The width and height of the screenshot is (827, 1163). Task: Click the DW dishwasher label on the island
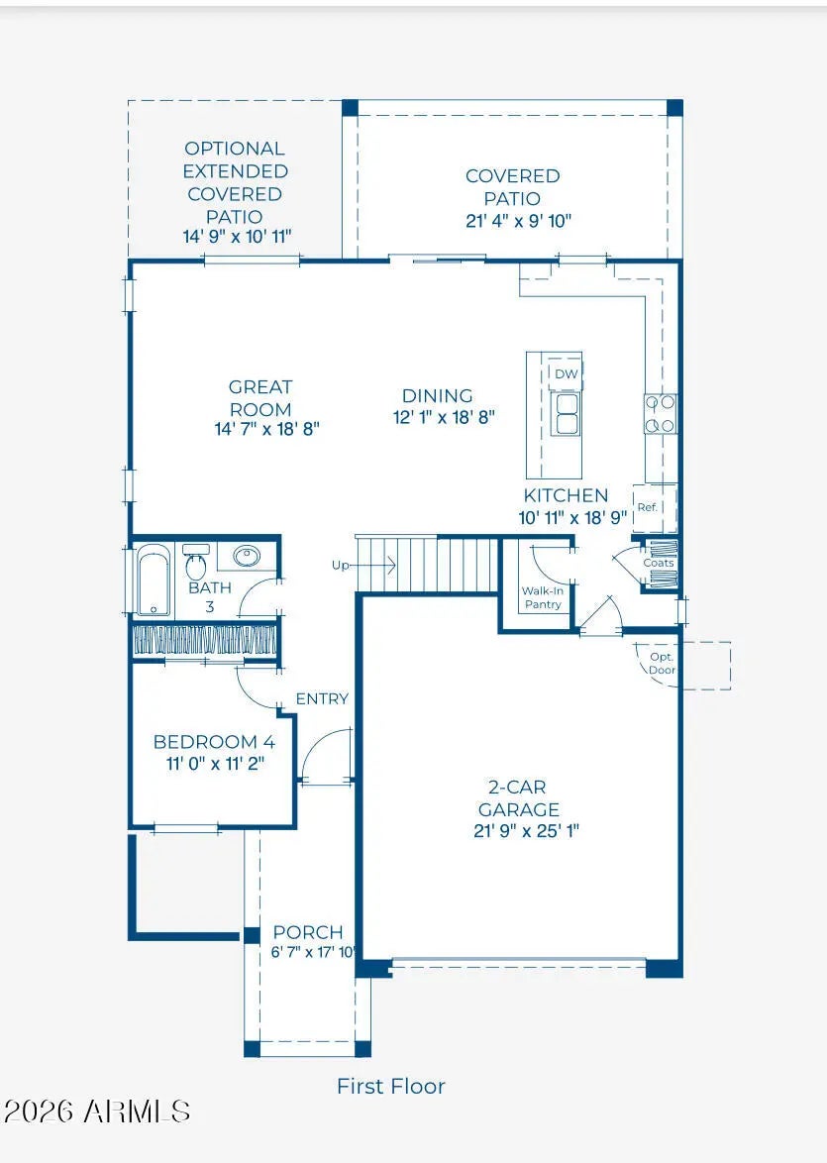(566, 373)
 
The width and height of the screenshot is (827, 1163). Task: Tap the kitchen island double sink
(566, 414)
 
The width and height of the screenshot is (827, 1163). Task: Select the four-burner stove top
(661, 414)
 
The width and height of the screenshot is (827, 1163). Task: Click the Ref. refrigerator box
(654, 508)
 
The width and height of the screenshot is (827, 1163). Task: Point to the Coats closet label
(659, 563)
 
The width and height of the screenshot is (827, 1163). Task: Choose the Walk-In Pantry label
(542, 597)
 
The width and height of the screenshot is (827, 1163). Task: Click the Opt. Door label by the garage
(662, 664)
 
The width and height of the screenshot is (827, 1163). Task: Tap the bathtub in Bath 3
(154, 581)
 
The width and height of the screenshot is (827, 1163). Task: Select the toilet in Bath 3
(196, 564)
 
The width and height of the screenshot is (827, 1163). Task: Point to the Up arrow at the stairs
(376, 567)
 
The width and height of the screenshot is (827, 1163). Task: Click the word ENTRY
(322, 698)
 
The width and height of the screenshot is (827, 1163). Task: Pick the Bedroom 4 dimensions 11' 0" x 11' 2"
(215, 763)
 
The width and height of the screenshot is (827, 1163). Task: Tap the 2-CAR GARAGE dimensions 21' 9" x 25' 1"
(527, 831)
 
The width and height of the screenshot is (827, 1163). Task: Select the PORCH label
(308, 932)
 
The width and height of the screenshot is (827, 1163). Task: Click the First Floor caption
(391, 1087)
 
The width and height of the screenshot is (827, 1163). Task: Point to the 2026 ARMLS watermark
(96, 1111)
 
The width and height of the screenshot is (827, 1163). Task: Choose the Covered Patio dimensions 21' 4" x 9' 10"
(518, 221)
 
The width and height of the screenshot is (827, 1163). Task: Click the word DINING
(438, 395)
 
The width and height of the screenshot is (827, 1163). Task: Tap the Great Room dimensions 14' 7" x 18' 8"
(267, 429)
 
